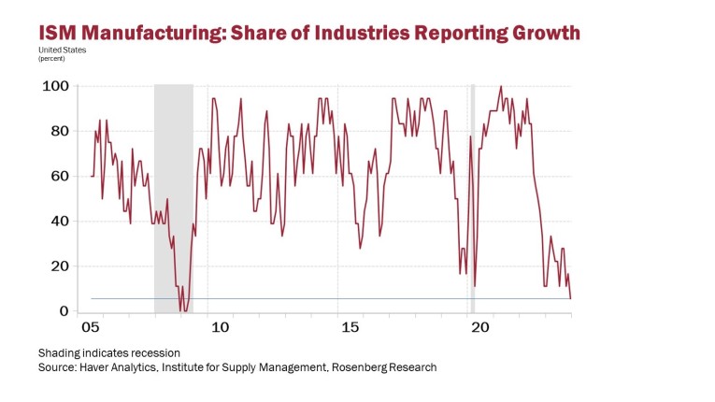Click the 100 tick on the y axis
coord(55,86)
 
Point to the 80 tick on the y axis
coord(59,131)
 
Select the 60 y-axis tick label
coord(59,176)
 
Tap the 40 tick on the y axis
coord(59,222)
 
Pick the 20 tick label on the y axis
coord(59,266)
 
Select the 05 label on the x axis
coord(90,328)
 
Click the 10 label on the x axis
coord(220,328)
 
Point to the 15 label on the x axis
coord(350,328)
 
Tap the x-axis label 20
coord(479,328)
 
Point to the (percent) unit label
coord(51,58)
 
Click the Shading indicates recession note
coord(108,353)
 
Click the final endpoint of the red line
coord(571,298)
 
